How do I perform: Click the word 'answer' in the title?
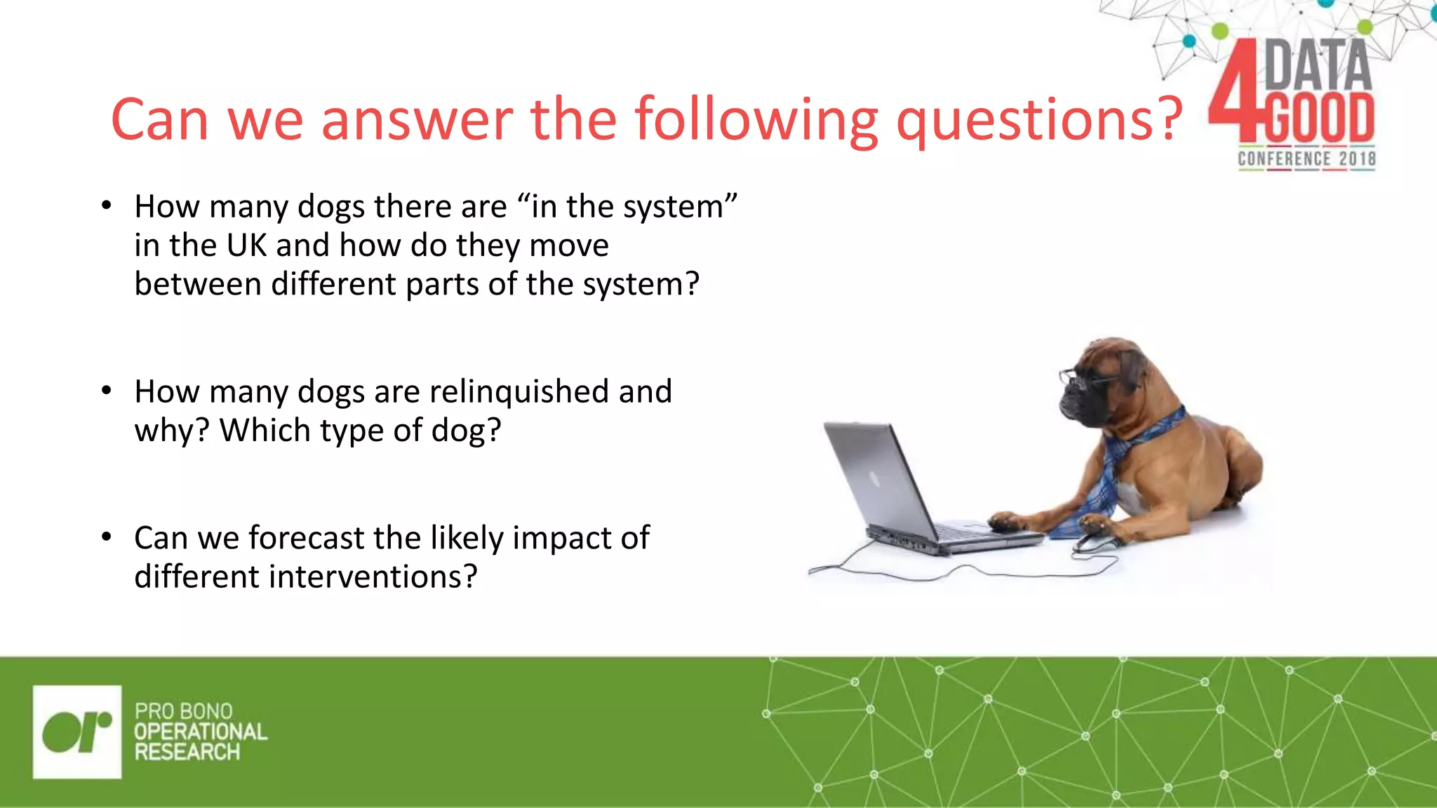point(417,121)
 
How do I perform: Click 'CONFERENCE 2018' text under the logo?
point(1306,159)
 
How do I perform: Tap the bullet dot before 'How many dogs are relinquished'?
point(106,391)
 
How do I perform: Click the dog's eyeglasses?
point(1084,379)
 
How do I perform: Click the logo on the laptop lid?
point(875,479)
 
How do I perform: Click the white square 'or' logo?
point(77,732)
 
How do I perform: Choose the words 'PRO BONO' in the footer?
point(183,711)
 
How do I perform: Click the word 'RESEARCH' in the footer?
point(187,753)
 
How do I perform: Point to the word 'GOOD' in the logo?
point(1319,117)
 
